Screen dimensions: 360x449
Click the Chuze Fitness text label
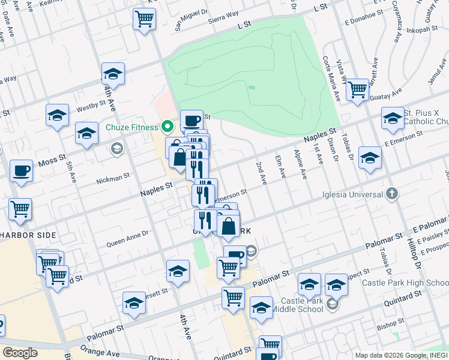coord(131,127)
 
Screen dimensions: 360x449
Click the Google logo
coord(20,353)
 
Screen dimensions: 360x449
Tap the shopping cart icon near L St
coord(144,19)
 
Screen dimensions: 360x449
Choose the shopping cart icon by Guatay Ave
coord(357,90)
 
